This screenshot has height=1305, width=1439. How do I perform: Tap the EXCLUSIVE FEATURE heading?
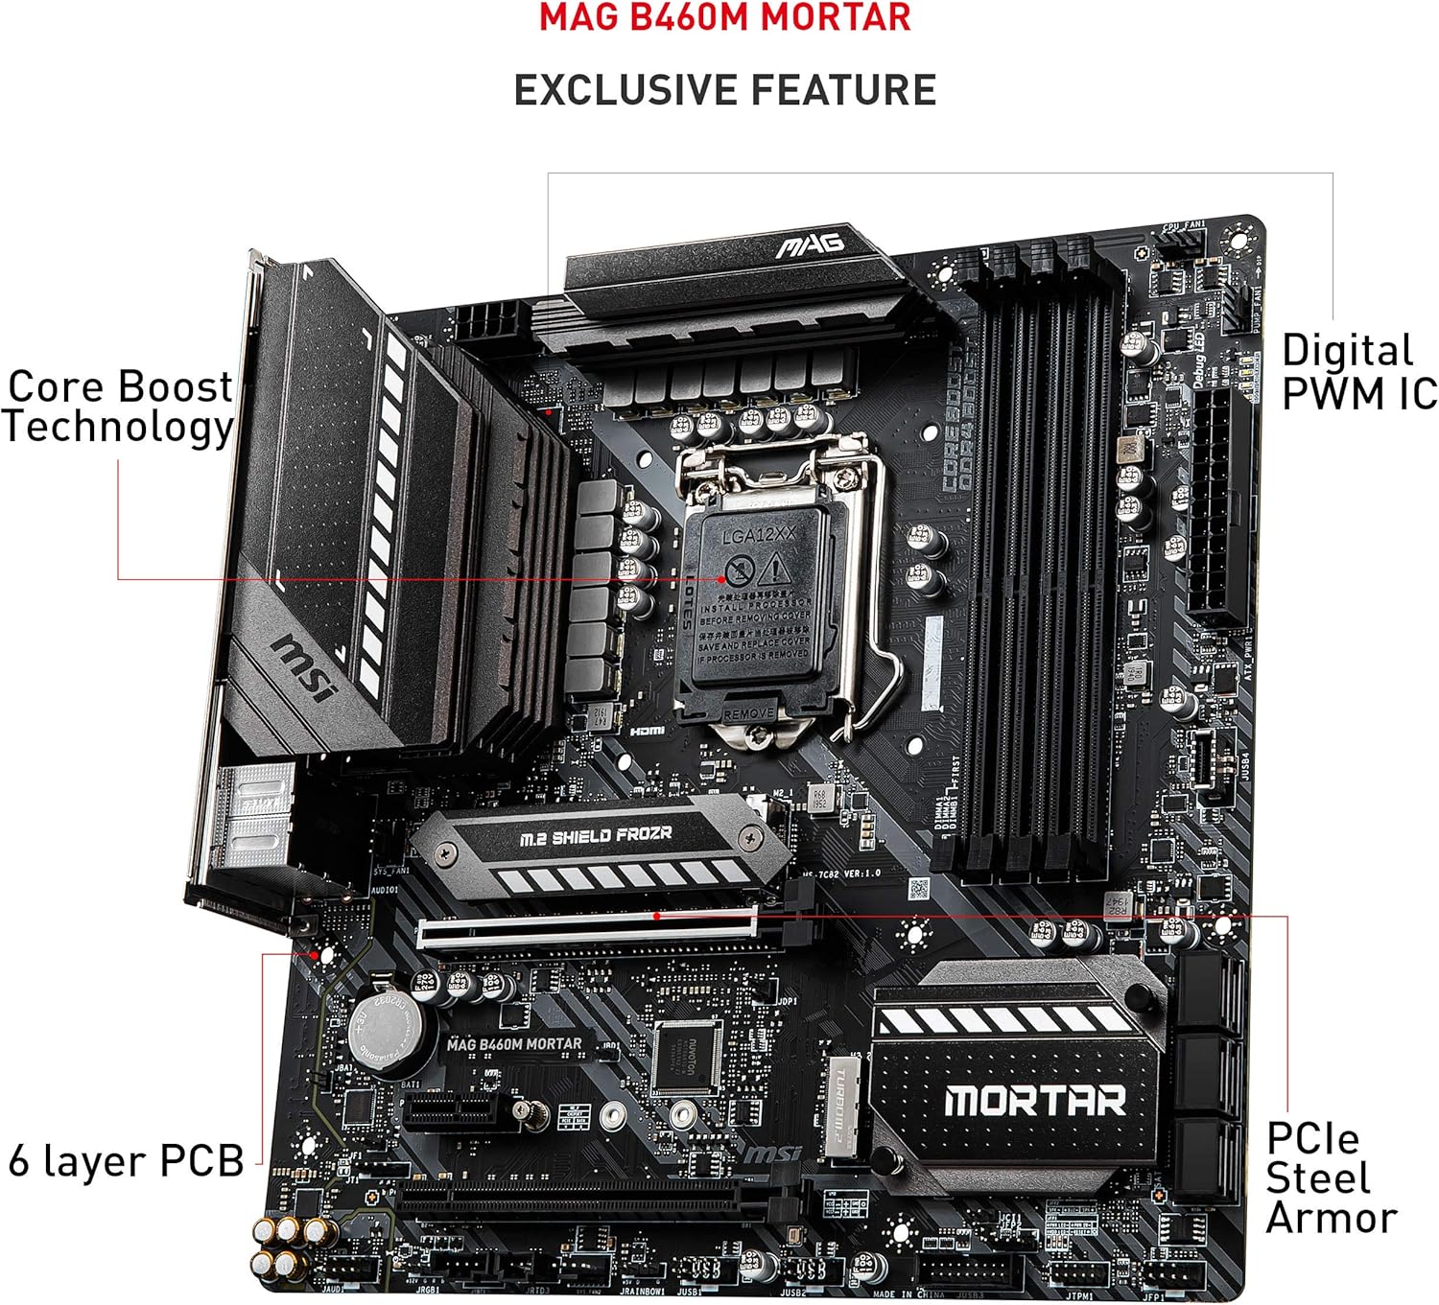click(x=724, y=90)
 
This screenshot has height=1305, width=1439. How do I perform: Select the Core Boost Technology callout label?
click(x=118, y=408)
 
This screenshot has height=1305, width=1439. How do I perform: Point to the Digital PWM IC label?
click(x=1357, y=372)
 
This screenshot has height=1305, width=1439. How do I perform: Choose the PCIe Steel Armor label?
click(x=1330, y=1178)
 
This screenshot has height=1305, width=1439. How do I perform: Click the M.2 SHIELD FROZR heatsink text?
click(x=596, y=836)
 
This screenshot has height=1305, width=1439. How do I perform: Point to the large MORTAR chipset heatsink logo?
click(x=1034, y=1101)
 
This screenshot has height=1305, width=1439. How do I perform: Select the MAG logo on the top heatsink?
click(x=810, y=245)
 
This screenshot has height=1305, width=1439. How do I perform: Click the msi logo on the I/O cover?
click(x=306, y=666)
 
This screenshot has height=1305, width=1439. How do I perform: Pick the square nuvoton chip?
click(x=687, y=1055)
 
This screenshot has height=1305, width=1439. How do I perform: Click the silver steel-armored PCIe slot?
click(x=587, y=927)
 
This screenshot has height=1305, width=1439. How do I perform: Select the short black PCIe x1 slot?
click(x=450, y=1111)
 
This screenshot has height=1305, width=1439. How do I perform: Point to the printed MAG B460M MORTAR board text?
click(x=514, y=1044)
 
